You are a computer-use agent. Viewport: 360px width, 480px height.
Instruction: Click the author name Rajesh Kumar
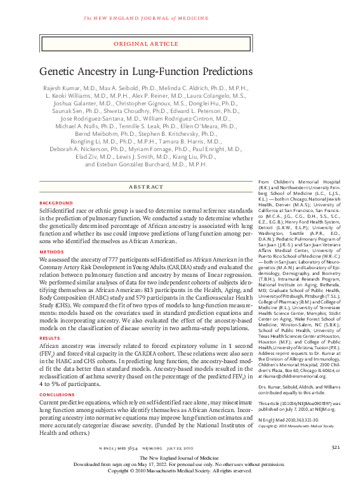[64, 88]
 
